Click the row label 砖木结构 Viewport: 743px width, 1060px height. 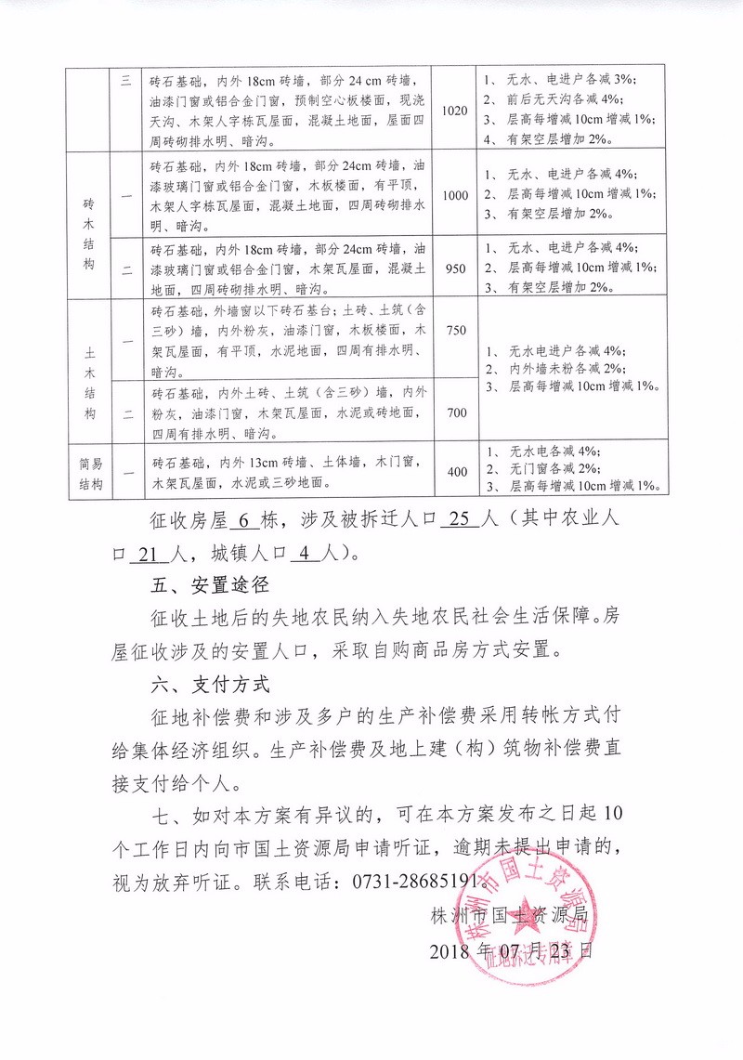89,231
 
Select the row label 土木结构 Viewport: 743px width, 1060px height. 89,369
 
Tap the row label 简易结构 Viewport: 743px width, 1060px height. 89,472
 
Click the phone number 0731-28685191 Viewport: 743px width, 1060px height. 424,880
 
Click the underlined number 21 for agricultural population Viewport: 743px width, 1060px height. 145,554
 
